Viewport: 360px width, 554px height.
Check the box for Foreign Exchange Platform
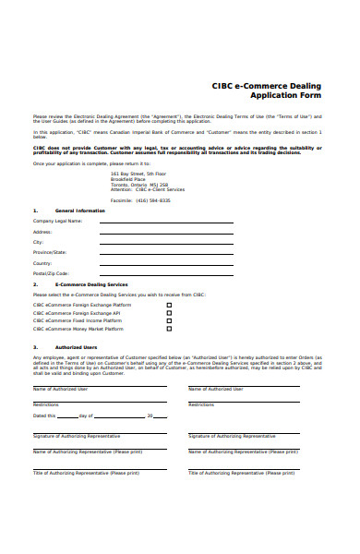pos(169,304)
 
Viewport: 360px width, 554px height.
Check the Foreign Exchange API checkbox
pos(169,312)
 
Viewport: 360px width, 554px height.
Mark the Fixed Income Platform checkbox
pos(169,319)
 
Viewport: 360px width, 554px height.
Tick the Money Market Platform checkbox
pos(169,328)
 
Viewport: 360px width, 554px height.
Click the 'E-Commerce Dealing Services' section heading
pos(91,284)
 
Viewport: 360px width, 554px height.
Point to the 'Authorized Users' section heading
pos(77,347)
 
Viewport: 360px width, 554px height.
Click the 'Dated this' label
pos(45,391)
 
